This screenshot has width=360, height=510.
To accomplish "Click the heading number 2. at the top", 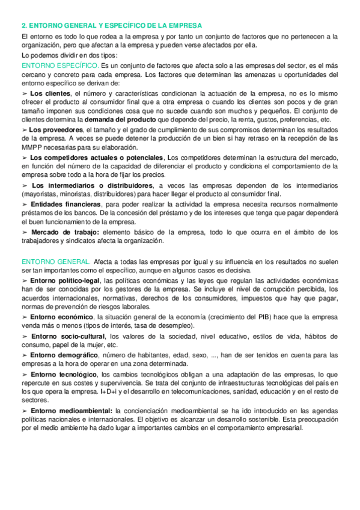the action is (x=24, y=25).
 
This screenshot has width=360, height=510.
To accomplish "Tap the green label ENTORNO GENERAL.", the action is (x=56, y=262).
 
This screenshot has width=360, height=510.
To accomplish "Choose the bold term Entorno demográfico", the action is (x=65, y=355).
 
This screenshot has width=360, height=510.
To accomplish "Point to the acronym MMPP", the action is (x=29, y=147).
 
